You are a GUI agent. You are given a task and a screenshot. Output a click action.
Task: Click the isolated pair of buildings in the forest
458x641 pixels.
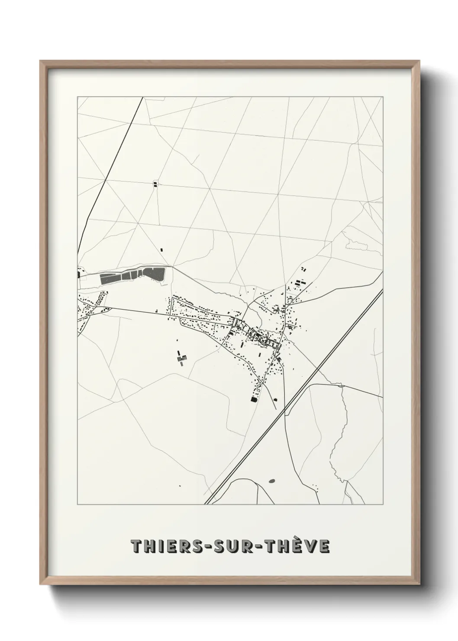pyautogui.click(x=155, y=184)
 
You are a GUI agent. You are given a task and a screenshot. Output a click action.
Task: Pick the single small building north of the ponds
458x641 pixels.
pyautogui.click(x=162, y=250)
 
